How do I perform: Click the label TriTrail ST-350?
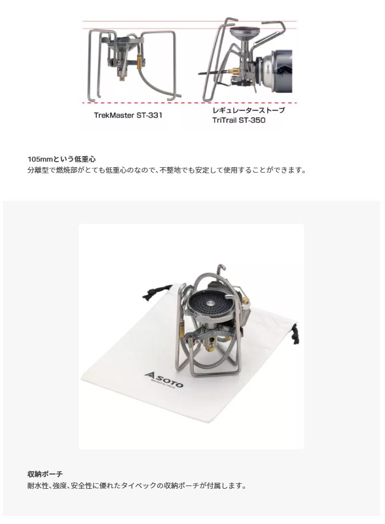point(239,120)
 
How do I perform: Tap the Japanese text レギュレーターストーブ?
point(249,111)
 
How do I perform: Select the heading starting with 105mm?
point(62,159)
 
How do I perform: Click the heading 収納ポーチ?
point(45,474)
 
